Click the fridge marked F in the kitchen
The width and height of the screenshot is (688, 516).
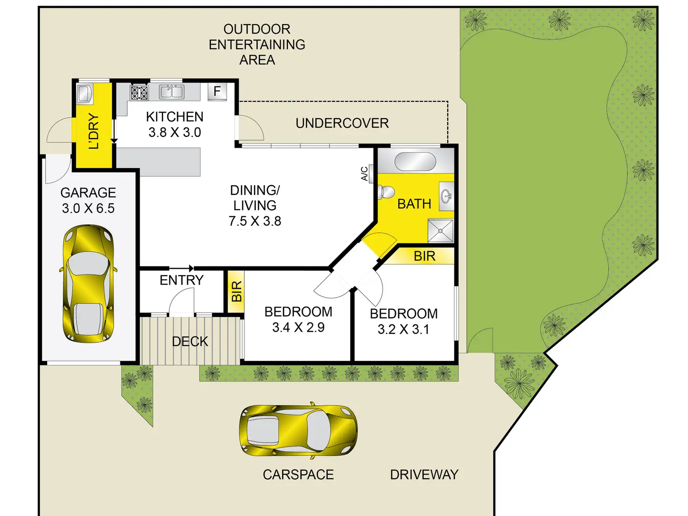(x=217, y=91)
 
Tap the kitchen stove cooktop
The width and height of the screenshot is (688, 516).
(x=139, y=93)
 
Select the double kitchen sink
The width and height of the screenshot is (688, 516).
(x=172, y=92)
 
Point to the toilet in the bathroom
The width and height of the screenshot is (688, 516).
(x=386, y=192)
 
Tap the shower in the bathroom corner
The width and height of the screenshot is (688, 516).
(x=440, y=230)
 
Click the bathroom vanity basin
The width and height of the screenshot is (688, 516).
(x=446, y=196)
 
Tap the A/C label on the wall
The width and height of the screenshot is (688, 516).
(x=364, y=174)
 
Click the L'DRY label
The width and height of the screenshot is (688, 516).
(x=94, y=131)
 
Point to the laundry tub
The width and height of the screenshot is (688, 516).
(x=85, y=93)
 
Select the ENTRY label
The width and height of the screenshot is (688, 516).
(x=181, y=280)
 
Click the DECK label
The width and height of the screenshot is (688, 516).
(x=190, y=342)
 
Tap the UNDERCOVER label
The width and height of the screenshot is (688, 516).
(x=342, y=123)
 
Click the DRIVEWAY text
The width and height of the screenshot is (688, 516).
(x=424, y=475)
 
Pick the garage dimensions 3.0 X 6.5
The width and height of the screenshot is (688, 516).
(x=88, y=208)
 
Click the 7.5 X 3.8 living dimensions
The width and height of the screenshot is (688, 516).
(x=255, y=221)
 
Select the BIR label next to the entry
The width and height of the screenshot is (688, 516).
(x=236, y=292)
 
